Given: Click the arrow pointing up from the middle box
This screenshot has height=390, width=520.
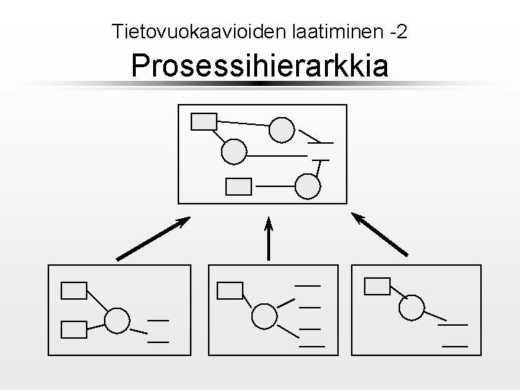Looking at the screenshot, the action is [269, 238].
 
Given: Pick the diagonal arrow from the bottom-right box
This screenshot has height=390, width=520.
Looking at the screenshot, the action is [380, 234].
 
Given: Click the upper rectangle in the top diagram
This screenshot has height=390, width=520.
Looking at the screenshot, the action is [204, 121].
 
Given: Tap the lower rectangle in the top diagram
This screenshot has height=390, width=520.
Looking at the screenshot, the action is [239, 186].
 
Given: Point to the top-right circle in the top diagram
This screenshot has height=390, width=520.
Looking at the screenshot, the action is [282, 130].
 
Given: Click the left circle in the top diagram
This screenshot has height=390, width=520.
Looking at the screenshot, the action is [234, 152].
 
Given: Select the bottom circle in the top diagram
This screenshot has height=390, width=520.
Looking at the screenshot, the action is [308, 186].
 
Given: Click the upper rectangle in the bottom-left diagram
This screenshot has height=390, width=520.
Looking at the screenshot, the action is [74, 290].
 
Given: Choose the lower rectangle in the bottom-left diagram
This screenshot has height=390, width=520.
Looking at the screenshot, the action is [74, 329].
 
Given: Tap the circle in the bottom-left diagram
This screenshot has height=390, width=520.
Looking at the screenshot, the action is [117, 320].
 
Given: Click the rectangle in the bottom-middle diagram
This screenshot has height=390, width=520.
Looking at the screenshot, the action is [230, 290].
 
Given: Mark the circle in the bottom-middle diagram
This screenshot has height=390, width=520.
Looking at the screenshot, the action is [264, 316].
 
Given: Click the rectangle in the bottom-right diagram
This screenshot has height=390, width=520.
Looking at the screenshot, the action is [377, 286].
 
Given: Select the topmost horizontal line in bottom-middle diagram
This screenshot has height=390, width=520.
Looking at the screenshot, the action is [308, 286].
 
